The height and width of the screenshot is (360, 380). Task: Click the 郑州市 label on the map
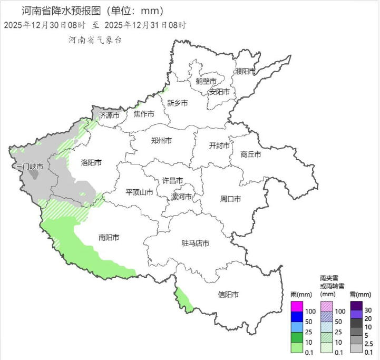tap(161, 141)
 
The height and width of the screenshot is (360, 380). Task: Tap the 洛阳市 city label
tap(91, 163)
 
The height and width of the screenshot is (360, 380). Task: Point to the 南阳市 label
tap(109, 237)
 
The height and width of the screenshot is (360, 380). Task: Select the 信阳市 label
tap(228, 295)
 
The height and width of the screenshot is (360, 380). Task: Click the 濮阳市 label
tap(246, 71)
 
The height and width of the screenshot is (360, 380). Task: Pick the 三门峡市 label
tap(29, 167)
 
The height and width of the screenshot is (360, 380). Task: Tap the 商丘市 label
tap(250, 154)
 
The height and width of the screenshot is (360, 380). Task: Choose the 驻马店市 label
tap(195, 244)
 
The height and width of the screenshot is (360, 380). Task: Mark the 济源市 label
tap(109, 115)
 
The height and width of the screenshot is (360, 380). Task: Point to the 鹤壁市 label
tap(206, 81)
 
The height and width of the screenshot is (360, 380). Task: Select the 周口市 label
tap(230, 199)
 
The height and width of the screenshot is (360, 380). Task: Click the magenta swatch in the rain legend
tap(297, 306)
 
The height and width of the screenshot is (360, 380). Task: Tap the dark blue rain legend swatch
tap(297, 317)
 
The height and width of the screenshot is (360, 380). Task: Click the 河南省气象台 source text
tap(95, 40)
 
